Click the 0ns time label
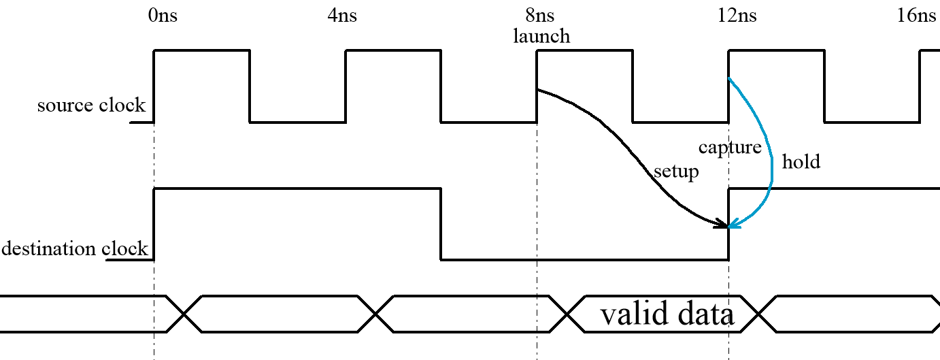163,15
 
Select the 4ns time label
342,15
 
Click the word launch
541,35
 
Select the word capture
730,147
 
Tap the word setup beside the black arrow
676,171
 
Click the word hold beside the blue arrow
801,162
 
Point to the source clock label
91,105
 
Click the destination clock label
75,249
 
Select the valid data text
667,314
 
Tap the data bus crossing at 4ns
376,314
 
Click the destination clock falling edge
441,225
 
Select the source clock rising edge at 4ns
346,86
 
